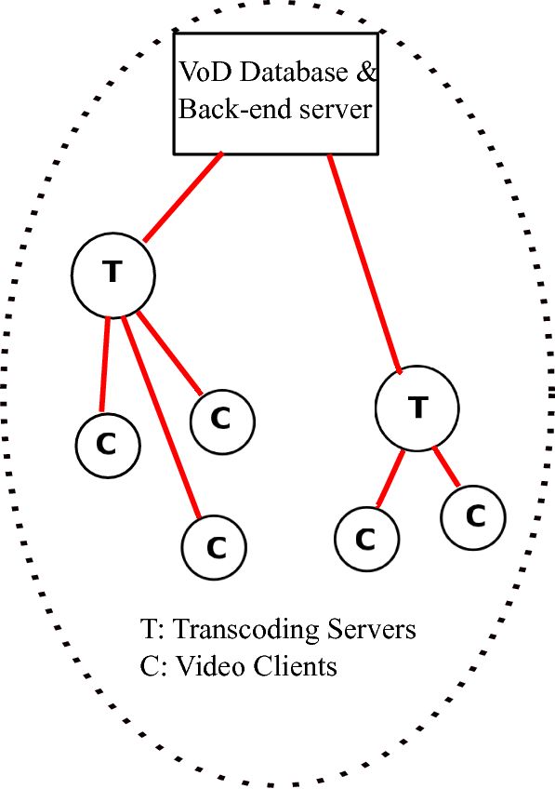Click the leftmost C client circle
pos(107,445)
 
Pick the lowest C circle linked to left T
pos(214,547)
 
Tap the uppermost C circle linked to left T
pos(222,420)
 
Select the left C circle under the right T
pos(366,538)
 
